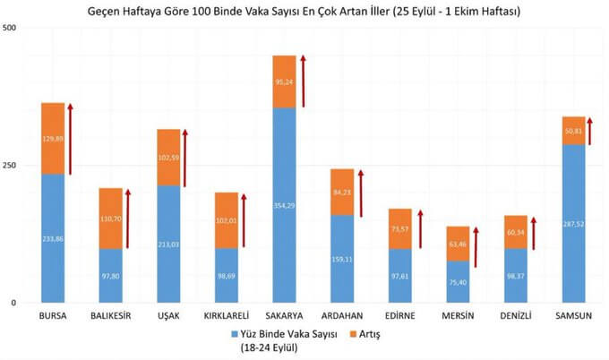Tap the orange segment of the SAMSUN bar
(573, 131)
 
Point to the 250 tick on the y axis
(11, 166)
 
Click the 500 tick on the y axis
(11, 29)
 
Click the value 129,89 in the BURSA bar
(53, 139)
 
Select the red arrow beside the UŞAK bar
(185, 158)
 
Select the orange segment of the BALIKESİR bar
(110, 218)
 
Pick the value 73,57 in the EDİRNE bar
(399, 229)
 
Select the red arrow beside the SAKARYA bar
(303, 81)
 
